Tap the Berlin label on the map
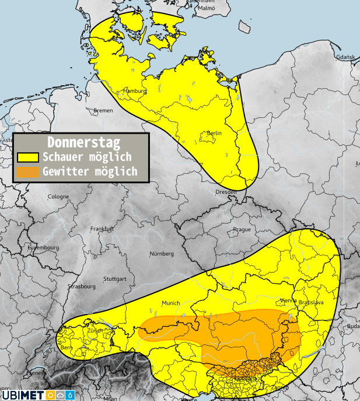[x=214, y=134]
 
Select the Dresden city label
[x=226, y=191]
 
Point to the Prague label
[x=242, y=229]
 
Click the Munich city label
[x=171, y=303]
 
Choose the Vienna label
[x=288, y=300]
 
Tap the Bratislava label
[x=310, y=303]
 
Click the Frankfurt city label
[x=101, y=229]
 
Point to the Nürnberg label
[x=162, y=254]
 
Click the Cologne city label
[x=58, y=196]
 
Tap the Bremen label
[x=103, y=110]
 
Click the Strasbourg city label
[x=81, y=287]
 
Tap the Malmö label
[x=206, y=8]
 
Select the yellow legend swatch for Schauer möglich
[x=28, y=157]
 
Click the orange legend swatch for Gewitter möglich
[x=28, y=172]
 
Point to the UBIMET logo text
[x=22, y=395]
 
